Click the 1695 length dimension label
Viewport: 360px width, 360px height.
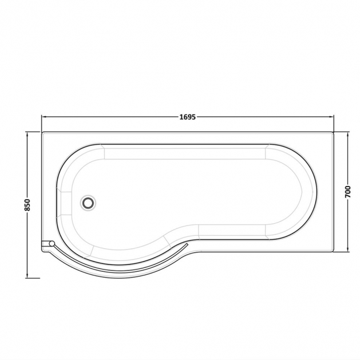click(x=187, y=117)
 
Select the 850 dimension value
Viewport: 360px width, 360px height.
click(x=27, y=205)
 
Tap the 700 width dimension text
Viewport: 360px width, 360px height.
click(x=348, y=192)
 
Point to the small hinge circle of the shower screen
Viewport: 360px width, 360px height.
click(x=52, y=243)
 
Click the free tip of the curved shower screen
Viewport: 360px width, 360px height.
click(x=188, y=243)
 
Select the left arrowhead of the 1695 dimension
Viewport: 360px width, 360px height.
click(x=43, y=117)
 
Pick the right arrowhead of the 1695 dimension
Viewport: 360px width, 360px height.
click(x=331, y=117)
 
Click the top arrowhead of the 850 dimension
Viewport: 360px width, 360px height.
click(x=27, y=134)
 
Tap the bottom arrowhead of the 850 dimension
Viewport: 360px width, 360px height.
click(x=27, y=276)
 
